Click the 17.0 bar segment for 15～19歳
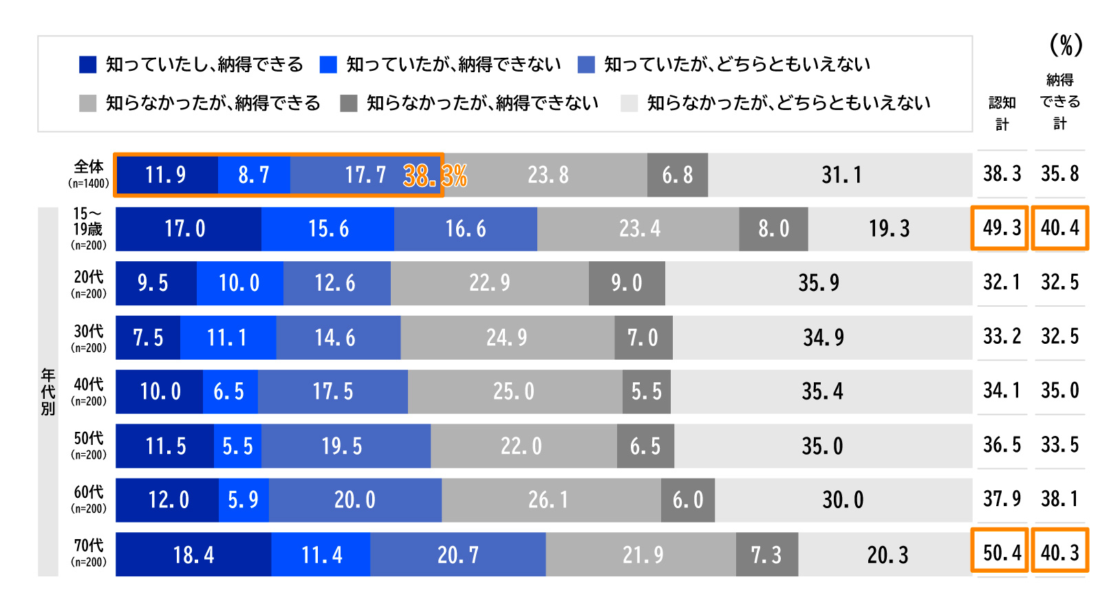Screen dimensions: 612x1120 pos(186,229)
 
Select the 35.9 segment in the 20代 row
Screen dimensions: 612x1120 pos(819,283)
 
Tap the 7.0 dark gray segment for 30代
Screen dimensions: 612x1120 pos(643,338)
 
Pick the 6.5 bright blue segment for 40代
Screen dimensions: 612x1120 pos(229,392)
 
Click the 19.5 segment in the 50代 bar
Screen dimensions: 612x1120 pos(342,446)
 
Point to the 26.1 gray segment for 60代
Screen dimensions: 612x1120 pos(549,500)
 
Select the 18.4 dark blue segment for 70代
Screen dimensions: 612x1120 pos(193,554)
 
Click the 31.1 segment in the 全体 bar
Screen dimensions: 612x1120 pos(841,175)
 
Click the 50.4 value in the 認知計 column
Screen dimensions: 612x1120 pos(1002,552)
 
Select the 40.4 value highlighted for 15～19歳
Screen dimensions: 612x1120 pos(1059,228)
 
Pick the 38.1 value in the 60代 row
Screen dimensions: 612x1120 pos(1059,499)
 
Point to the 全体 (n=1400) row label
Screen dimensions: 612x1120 pos(89,174)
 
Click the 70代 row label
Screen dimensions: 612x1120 pos(89,553)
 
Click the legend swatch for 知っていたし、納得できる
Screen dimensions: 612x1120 pos(87,65)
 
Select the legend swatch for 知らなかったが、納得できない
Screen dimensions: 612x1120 pos(349,103)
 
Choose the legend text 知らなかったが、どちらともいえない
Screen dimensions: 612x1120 pos(788,103)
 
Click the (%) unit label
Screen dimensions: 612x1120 pos(1066,45)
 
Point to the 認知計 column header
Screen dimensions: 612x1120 pos(1002,113)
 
